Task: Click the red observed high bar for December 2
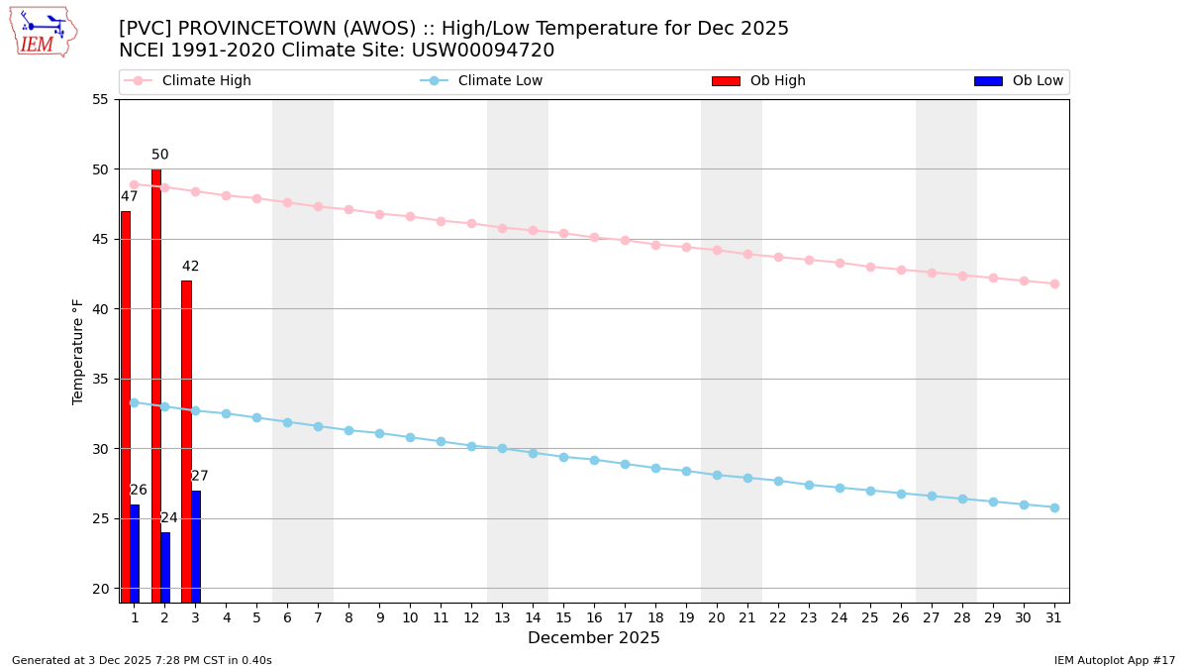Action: pyautogui.click(x=156, y=386)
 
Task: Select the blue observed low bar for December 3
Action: pyautogui.click(x=196, y=546)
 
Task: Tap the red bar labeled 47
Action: pyautogui.click(x=126, y=406)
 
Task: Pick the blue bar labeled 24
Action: pyautogui.click(x=165, y=567)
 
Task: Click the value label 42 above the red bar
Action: pyautogui.click(x=190, y=267)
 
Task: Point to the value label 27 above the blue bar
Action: pyautogui.click(x=200, y=477)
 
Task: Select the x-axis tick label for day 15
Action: pyautogui.click(x=563, y=617)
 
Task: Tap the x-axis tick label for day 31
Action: pyautogui.click(x=1054, y=617)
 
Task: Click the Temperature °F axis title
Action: pyautogui.click(x=78, y=351)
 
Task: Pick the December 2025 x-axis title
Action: pyautogui.click(x=594, y=638)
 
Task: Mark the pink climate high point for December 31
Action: pyautogui.click(x=1054, y=283)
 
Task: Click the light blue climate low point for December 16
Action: pyautogui.click(x=594, y=460)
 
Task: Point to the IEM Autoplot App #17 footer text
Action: pyautogui.click(x=1114, y=660)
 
